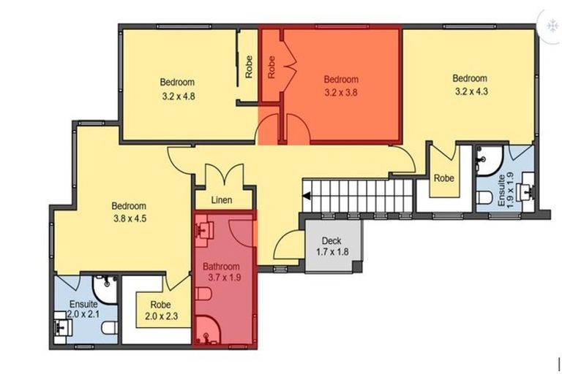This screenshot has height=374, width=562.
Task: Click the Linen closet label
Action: [222, 200]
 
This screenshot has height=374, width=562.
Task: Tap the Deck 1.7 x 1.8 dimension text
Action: [332, 252]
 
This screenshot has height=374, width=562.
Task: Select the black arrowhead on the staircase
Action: [307, 196]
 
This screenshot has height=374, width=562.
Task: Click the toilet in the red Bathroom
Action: [203, 294]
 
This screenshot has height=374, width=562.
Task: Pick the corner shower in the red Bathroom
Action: [208, 330]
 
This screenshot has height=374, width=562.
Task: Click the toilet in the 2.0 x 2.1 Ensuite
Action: [110, 328]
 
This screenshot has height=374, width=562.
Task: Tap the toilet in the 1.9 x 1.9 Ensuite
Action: [486, 197]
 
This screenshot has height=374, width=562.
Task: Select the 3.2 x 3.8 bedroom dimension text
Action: [341, 93]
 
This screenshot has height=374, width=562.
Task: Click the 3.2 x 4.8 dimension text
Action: [178, 96]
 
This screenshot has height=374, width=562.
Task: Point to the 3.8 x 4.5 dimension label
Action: [130, 218]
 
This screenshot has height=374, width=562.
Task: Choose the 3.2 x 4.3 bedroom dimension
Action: [471, 91]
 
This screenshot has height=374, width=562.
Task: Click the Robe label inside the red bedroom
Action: [271, 67]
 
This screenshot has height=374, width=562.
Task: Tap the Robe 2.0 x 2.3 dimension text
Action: [161, 316]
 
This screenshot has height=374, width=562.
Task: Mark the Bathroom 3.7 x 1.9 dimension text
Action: [225, 278]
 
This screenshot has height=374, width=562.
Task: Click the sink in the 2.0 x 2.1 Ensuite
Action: [63, 327]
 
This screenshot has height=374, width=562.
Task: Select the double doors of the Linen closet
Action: [225, 174]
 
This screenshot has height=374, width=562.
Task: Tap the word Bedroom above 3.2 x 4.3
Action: [470, 78]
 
